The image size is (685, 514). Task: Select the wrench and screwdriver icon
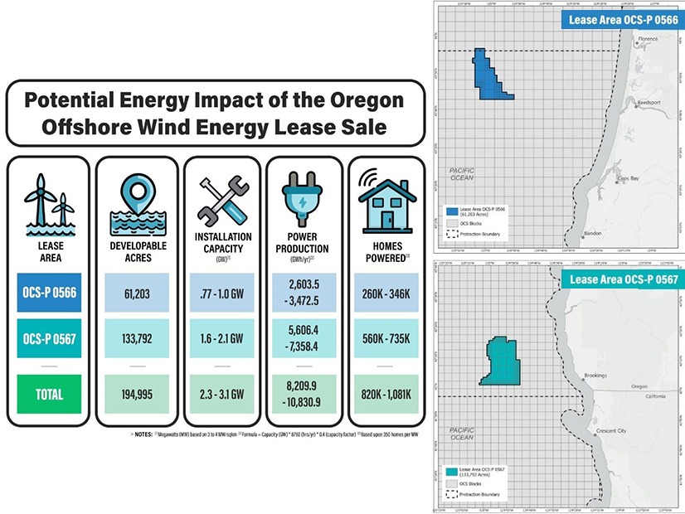click(x=221, y=200)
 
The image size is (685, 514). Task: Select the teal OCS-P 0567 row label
click(x=48, y=340)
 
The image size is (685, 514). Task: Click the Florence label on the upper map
click(x=648, y=39)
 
